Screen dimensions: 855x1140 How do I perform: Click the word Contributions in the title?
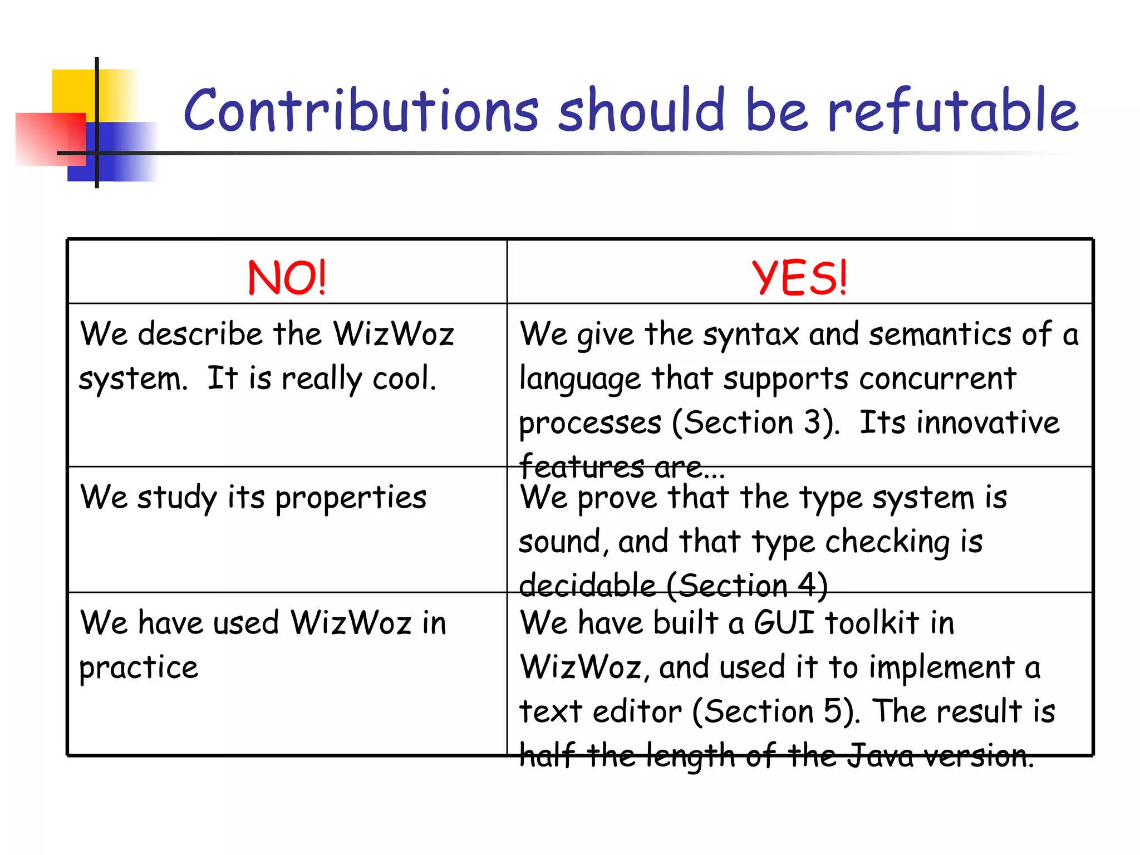361,111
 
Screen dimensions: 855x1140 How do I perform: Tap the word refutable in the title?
953,111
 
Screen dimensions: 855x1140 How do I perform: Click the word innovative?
987,422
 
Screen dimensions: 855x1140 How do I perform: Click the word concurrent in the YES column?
937,379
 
